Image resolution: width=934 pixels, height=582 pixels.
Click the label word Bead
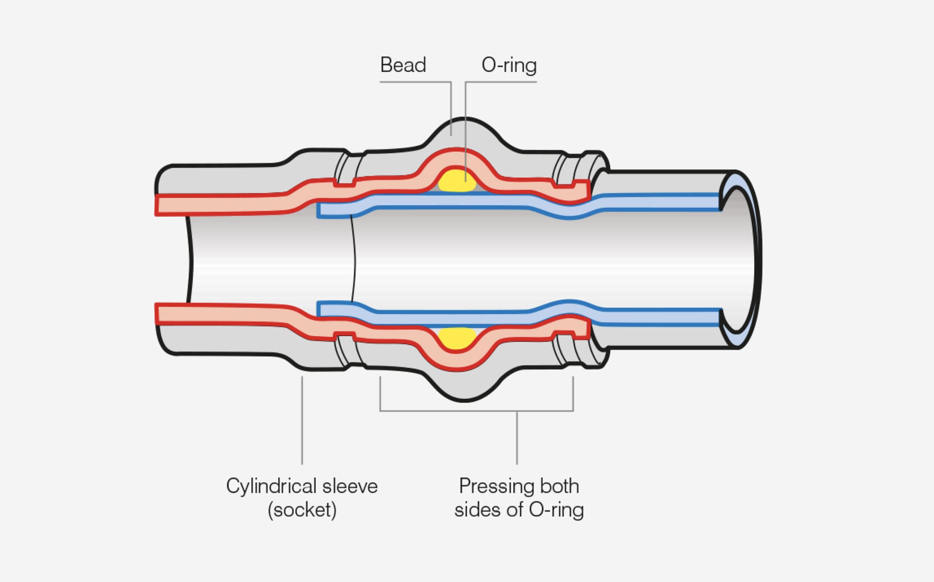tap(403, 65)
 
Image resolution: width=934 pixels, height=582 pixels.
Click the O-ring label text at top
tap(509, 65)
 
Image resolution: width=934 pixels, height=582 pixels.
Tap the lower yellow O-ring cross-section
tap(457, 338)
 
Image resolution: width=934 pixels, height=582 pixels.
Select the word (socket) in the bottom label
tap(302, 510)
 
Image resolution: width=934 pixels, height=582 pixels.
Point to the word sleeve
tap(350, 486)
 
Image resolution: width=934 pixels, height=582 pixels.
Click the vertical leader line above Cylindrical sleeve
tap(302, 420)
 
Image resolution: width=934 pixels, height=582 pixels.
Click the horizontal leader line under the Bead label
tap(415, 82)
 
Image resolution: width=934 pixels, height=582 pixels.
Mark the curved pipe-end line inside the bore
tap(353, 260)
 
